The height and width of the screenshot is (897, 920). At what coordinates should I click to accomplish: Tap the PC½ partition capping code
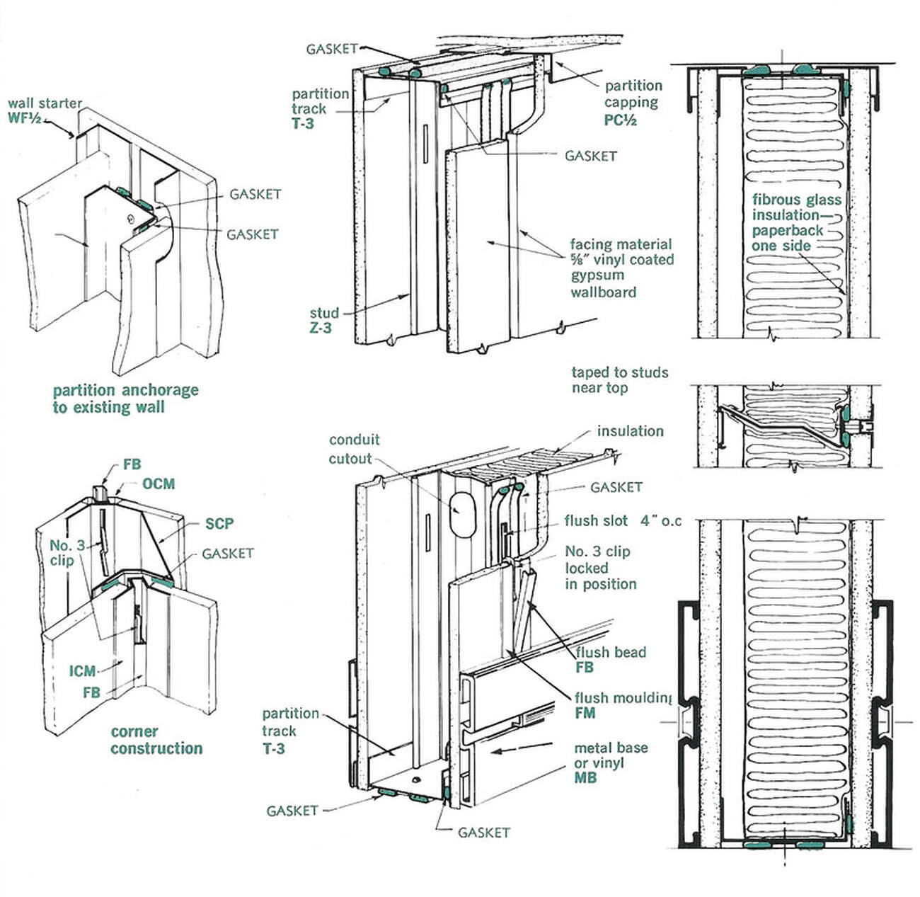pyautogui.click(x=621, y=120)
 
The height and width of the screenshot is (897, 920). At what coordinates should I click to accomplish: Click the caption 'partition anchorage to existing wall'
pyautogui.click(x=125, y=399)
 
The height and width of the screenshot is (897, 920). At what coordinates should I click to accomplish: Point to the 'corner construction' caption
pyautogui.click(x=156, y=740)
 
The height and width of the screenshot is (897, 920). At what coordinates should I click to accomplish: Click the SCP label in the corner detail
pyautogui.click(x=219, y=524)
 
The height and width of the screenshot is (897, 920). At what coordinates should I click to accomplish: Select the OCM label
pyautogui.click(x=158, y=484)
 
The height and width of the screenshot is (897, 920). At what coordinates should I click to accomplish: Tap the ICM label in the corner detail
pyautogui.click(x=82, y=670)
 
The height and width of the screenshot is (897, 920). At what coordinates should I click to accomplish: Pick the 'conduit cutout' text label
pyautogui.click(x=354, y=449)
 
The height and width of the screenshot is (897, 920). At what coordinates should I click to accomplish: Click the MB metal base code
pyautogui.click(x=585, y=778)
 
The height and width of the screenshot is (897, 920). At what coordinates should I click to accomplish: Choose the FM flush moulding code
pyautogui.click(x=585, y=714)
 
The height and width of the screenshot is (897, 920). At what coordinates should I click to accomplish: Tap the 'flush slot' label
pyautogui.click(x=596, y=521)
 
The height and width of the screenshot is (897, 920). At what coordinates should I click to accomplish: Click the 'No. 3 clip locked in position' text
pyautogui.click(x=600, y=568)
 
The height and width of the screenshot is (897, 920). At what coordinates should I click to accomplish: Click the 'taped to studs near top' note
pyautogui.click(x=619, y=380)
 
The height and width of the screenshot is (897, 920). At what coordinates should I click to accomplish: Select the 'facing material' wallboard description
pyautogui.click(x=621, y=268)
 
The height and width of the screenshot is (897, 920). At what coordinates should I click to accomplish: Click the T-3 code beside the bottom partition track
pyautogui.click(x=274, y=748)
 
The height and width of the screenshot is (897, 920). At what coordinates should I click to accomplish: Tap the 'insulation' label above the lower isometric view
pyautogui.click(x=630, y=431)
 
